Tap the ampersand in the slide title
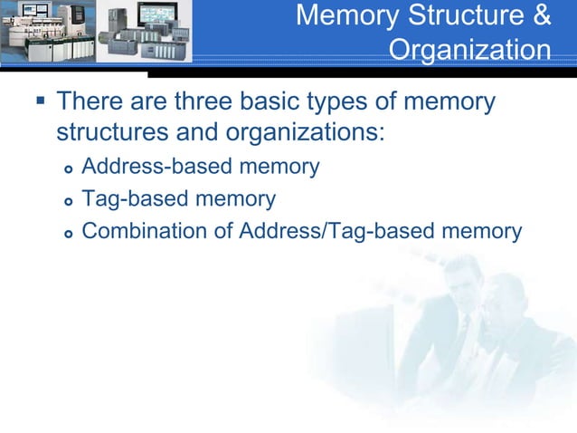[539, 15]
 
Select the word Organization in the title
[469, 49]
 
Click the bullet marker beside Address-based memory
[68, 168]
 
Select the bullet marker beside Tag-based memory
[68, 200]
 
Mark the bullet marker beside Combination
[68, 233]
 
